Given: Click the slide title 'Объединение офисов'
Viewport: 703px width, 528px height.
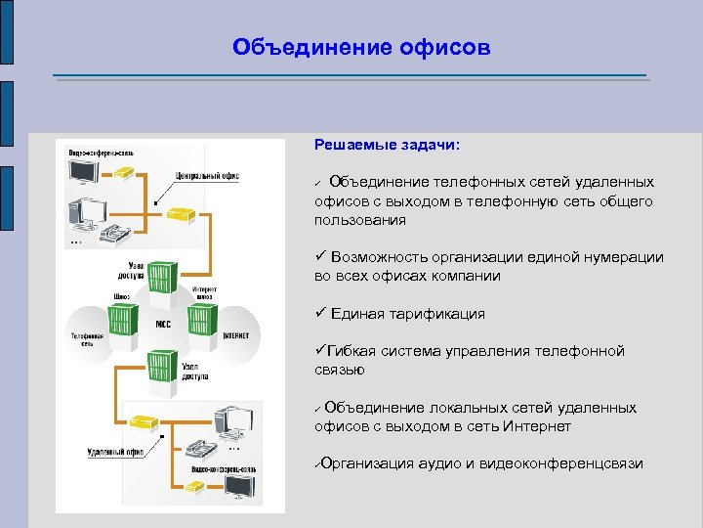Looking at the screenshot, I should [361, 48].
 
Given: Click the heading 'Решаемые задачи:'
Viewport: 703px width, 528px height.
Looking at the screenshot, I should [387, 145].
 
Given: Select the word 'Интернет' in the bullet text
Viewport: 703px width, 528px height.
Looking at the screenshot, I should [538, 426].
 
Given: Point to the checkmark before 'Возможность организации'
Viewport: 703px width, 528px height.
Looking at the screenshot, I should [320, 257].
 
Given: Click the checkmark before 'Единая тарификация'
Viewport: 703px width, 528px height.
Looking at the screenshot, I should [320, 314].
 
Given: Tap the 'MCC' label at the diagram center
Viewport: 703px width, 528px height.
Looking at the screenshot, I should [163, 323].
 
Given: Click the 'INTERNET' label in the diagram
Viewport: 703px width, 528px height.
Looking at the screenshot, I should [235, 335].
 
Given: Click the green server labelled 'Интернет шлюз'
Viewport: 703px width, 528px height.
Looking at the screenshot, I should [202, 319].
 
